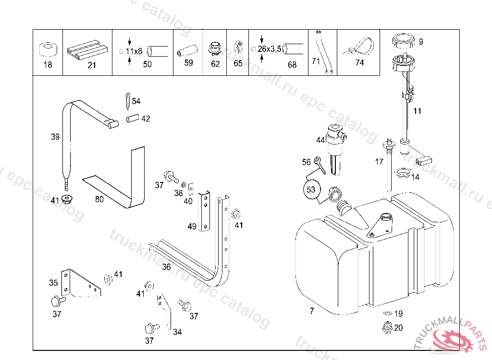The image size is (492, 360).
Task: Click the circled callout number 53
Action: [x=311, y=190]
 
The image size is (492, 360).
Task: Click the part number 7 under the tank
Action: [x=312, y=311]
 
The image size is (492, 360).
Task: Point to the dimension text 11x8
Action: [x=134, y=51]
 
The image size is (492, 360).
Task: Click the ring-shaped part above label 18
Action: [x=47, y=49]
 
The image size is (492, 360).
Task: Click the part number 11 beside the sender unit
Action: [x=417, y=111]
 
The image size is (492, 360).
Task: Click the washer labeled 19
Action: [x=386, y=314]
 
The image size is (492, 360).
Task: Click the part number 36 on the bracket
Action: [x=166, y=267]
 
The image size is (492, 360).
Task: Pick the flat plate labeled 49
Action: [x=205, y=211]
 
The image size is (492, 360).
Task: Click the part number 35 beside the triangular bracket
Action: [x=53, y=283]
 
